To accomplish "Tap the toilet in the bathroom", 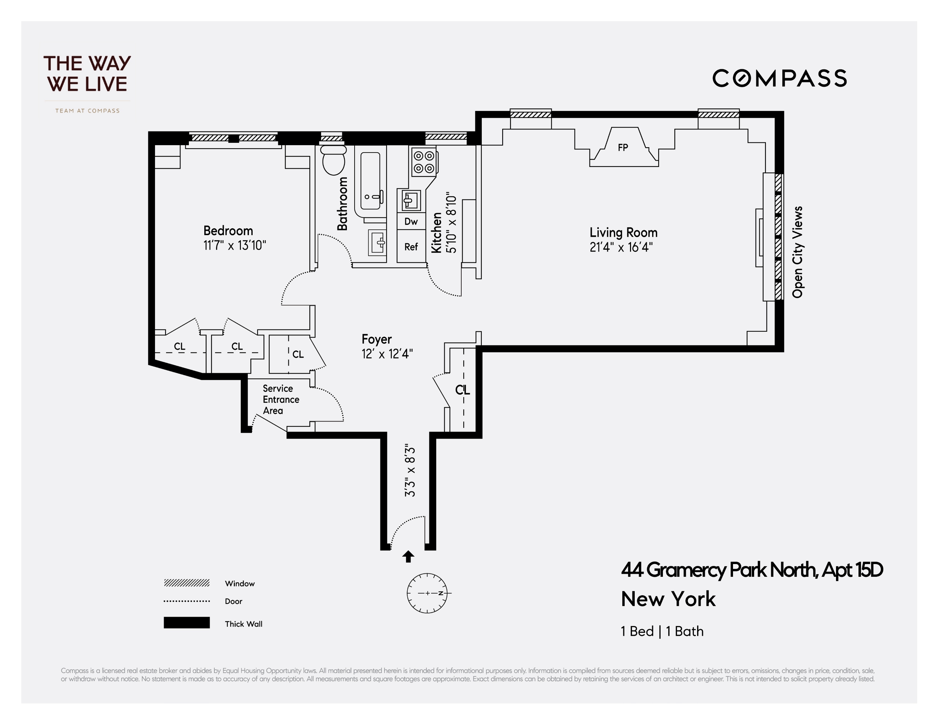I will [334, 160].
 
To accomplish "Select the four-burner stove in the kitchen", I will [423, 162].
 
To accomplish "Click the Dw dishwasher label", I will [411, 222].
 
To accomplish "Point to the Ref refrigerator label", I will [411, 247].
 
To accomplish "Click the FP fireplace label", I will [623, 147].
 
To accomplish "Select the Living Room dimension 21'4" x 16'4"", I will [621, 247].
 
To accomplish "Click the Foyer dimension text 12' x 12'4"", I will [387, 354].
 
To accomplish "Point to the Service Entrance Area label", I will [280, 400].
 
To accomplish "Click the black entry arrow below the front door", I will [408, 556].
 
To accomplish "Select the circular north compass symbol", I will [427, 593].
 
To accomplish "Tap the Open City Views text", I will [797, 252].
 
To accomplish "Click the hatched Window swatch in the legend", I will [187, 583].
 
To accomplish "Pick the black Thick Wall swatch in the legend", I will [187, 622].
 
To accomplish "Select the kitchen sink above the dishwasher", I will [410, 200].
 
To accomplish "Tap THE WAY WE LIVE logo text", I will [87, 74].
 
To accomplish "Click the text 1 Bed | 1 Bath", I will [662, 631].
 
